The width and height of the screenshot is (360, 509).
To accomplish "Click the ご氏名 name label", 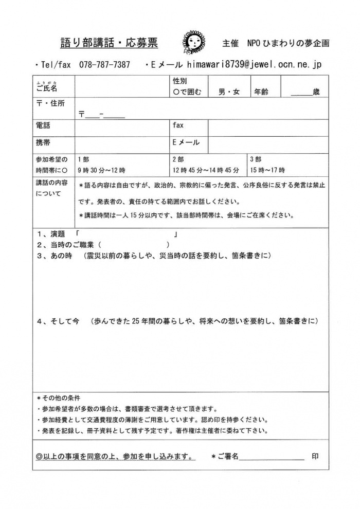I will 47,88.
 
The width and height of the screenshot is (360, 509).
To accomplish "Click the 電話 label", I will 44,125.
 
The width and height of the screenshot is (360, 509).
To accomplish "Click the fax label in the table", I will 178,125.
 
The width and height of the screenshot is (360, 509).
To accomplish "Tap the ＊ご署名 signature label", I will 225,456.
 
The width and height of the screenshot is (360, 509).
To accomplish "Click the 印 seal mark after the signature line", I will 314,456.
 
